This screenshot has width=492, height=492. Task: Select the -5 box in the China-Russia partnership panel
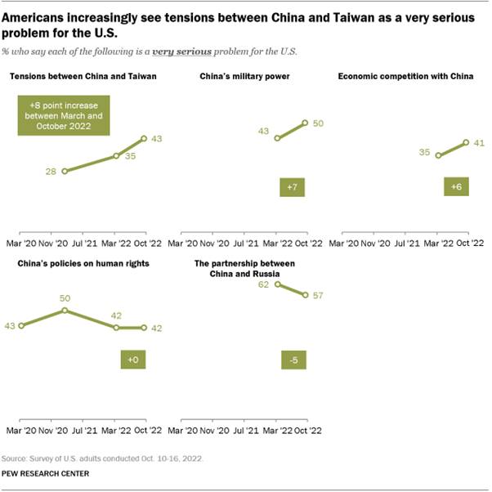tap(291, 360)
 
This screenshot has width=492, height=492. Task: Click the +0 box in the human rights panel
tap(132, 360)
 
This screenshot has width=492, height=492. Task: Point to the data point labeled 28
tap(64, 171)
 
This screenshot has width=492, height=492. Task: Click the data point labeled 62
tap(278, 284)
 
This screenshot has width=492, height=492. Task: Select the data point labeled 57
tap(305, 294)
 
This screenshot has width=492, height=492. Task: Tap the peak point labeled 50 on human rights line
tap(64, 311)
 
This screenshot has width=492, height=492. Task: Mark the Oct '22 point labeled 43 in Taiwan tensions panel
tap(145, 138)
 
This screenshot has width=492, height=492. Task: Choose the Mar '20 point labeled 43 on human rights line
tap(20, 326)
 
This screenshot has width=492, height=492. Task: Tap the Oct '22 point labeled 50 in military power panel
tap(305, 123)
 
